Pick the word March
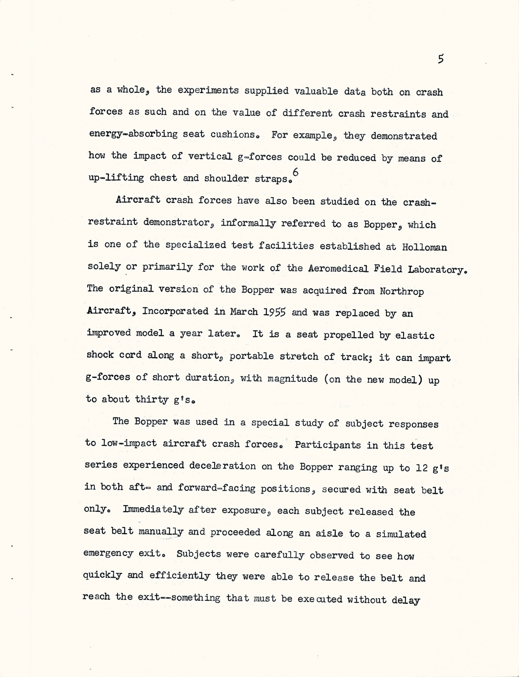click(244, 312)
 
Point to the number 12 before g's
click(421, 468)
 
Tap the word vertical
click(210, 156)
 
